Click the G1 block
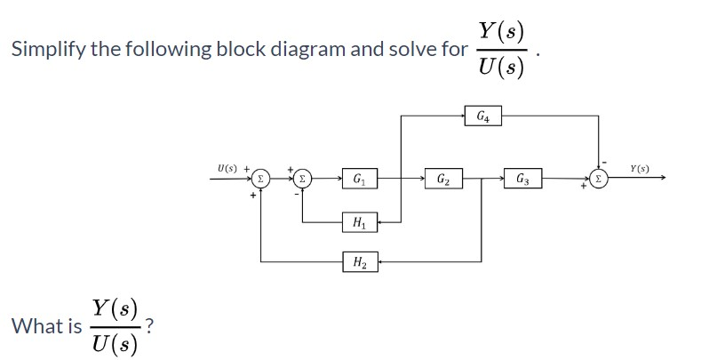360,179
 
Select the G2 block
442,180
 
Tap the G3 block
522,180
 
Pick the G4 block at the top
482,116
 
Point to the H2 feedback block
360,261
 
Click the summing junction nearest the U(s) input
260,179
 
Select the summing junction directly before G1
303,179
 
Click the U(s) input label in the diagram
227,166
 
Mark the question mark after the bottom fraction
152,325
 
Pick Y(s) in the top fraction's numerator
501,29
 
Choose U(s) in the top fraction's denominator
501,68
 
